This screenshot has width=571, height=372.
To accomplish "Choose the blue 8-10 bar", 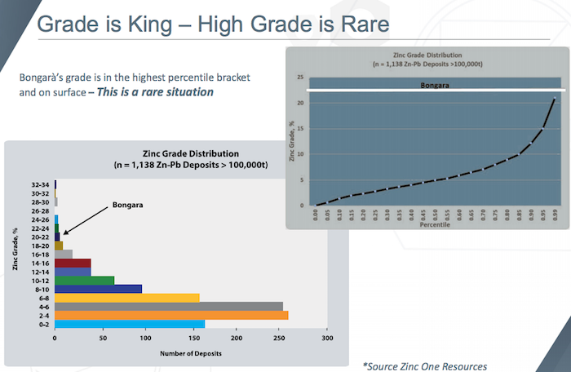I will pos(98,288).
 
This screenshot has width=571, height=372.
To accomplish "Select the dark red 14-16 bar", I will pos(73,263).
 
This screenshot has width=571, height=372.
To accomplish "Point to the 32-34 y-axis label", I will pos(39,185).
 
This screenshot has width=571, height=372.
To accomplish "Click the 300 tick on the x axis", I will pos(326,338).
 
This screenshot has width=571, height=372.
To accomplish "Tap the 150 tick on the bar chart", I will pos(191,338).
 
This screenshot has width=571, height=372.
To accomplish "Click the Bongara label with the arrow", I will pos(127,205).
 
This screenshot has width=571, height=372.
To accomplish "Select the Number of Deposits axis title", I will pos(190,353).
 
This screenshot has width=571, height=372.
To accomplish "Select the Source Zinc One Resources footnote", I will pos(424,366).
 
